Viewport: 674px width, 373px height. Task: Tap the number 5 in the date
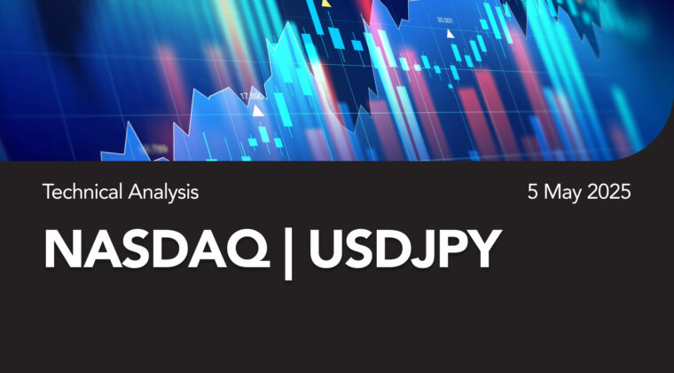coord(533,192)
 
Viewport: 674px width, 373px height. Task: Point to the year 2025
coord(609,192)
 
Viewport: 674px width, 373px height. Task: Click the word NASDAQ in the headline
coord(157,250)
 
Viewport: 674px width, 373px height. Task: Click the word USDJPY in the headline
coord(405,249)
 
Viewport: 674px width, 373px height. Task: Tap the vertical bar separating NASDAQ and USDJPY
coord(288,253)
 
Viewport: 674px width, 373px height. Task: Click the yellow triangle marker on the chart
coord(326,4)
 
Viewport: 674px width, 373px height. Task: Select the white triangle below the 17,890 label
coord(258,111)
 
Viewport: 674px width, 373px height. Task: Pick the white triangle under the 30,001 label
coord(450,34)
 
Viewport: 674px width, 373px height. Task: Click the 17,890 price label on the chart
coord(252,97)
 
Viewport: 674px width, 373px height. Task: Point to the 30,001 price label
coord(445,20)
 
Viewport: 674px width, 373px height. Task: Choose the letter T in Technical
coord(48,192)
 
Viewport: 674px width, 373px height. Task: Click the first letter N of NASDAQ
coord(63,250)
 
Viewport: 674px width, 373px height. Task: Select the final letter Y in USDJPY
coord(482,249)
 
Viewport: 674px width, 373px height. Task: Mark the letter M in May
coord(552,192)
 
